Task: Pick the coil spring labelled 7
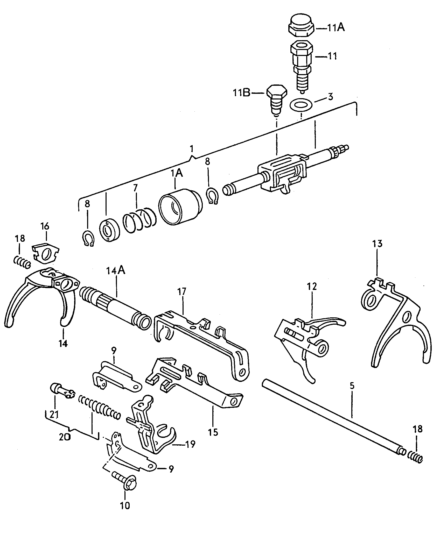[139, 219]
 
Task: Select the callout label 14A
[116, 271]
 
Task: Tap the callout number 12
[312, 287]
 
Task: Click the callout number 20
[65, 438]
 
